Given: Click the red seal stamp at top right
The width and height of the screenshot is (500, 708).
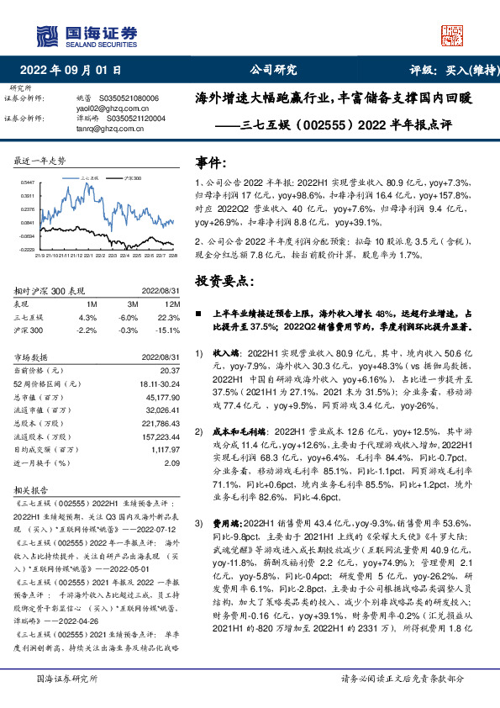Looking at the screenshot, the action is click(455, 34).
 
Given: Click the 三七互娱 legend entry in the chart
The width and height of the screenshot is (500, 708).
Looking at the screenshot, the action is click(92, 179).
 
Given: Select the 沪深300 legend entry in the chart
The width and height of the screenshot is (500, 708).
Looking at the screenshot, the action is click(131, 179).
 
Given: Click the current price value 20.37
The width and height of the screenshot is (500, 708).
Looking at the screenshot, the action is click(169, 370).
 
